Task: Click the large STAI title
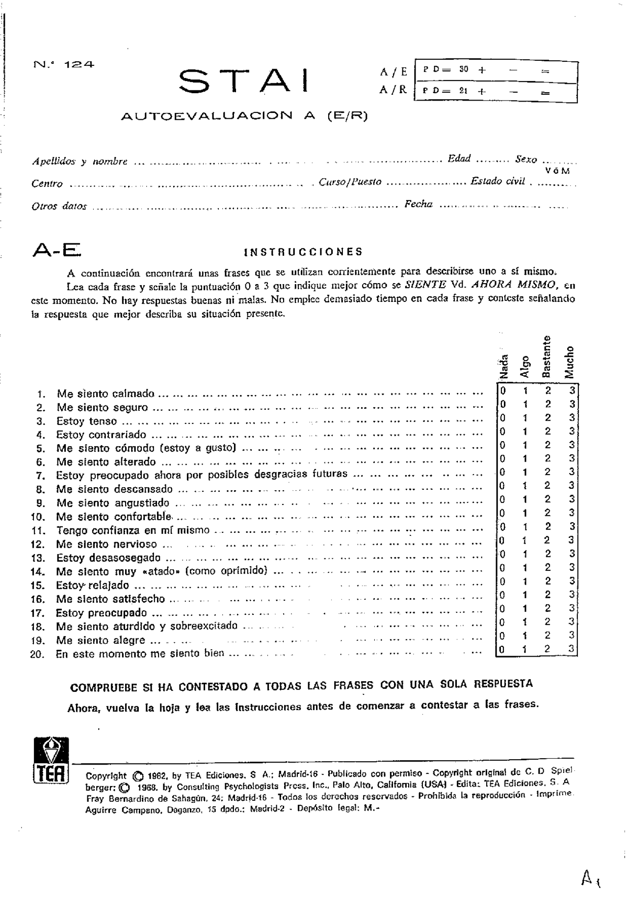click(x=244, y=81)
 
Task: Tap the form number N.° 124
click(x=64, y=64)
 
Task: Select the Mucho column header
click(x=569, y=362)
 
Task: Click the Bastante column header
click(x=547, y=357)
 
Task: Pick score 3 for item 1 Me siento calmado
click(x=572, y=391)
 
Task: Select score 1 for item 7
click(x=525, y=472)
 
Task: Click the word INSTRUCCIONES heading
click(x=303, y=252)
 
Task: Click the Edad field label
click(x=459, y=158)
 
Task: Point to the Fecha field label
click(x=418, y=204)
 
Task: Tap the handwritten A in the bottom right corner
click(x=588, y=875)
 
